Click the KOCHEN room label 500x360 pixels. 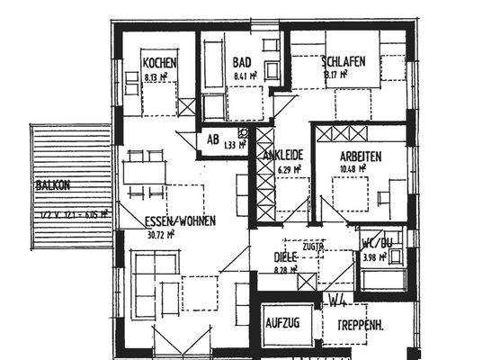tap(159, 63)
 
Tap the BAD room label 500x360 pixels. tap(241, 62)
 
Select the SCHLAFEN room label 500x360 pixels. tap(343, 62)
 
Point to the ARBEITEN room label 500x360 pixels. tap(361, 156)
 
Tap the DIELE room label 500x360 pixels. tap(285, 256)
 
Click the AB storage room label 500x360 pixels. tap(213, 139)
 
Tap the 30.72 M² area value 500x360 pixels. tap(158, 234)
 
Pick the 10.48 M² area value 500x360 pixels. tap(353, 168)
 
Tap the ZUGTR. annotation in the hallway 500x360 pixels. tap(313, 246)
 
